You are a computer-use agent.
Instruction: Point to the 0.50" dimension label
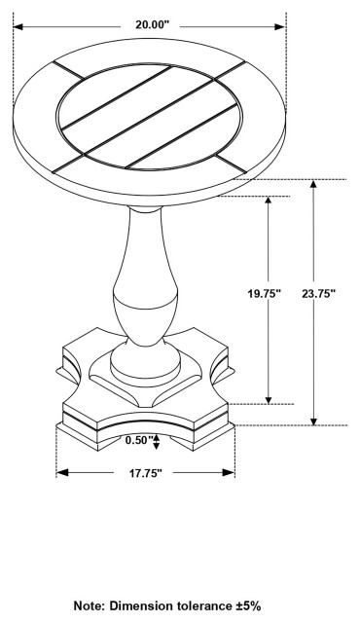click(140, 440)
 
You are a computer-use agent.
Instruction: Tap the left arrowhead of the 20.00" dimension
click(18, 27)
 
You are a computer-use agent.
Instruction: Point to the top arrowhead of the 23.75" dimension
click(313, 185)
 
